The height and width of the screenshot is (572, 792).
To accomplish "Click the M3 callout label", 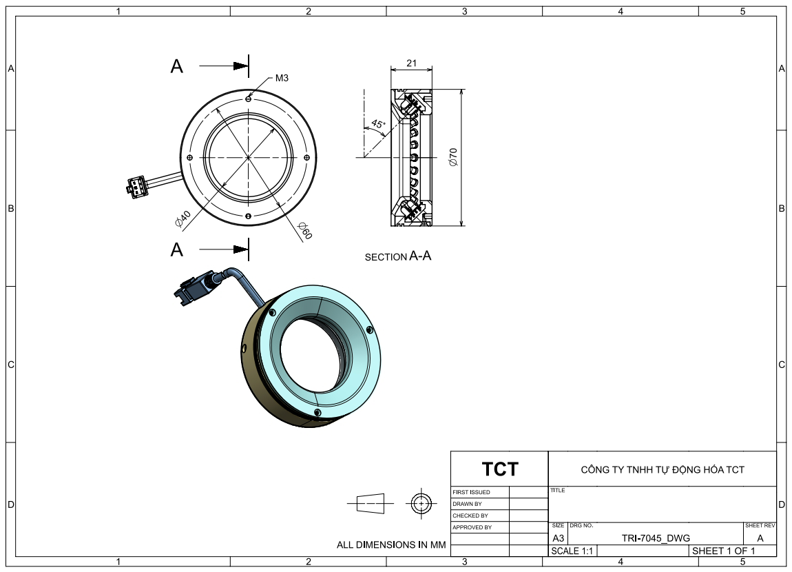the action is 282,78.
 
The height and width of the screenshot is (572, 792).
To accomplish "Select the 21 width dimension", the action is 412,63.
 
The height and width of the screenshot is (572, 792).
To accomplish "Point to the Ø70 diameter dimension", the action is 452,157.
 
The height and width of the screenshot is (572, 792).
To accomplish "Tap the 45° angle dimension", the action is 378,124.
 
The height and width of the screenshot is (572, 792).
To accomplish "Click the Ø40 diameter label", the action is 183,218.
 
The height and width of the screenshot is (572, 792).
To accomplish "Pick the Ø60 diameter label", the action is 305,230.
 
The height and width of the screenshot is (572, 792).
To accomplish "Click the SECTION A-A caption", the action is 398,256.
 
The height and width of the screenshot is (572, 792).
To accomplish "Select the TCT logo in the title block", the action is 500,469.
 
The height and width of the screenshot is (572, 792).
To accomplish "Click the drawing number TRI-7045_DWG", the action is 656,538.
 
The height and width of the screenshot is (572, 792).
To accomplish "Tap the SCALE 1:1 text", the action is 572,551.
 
